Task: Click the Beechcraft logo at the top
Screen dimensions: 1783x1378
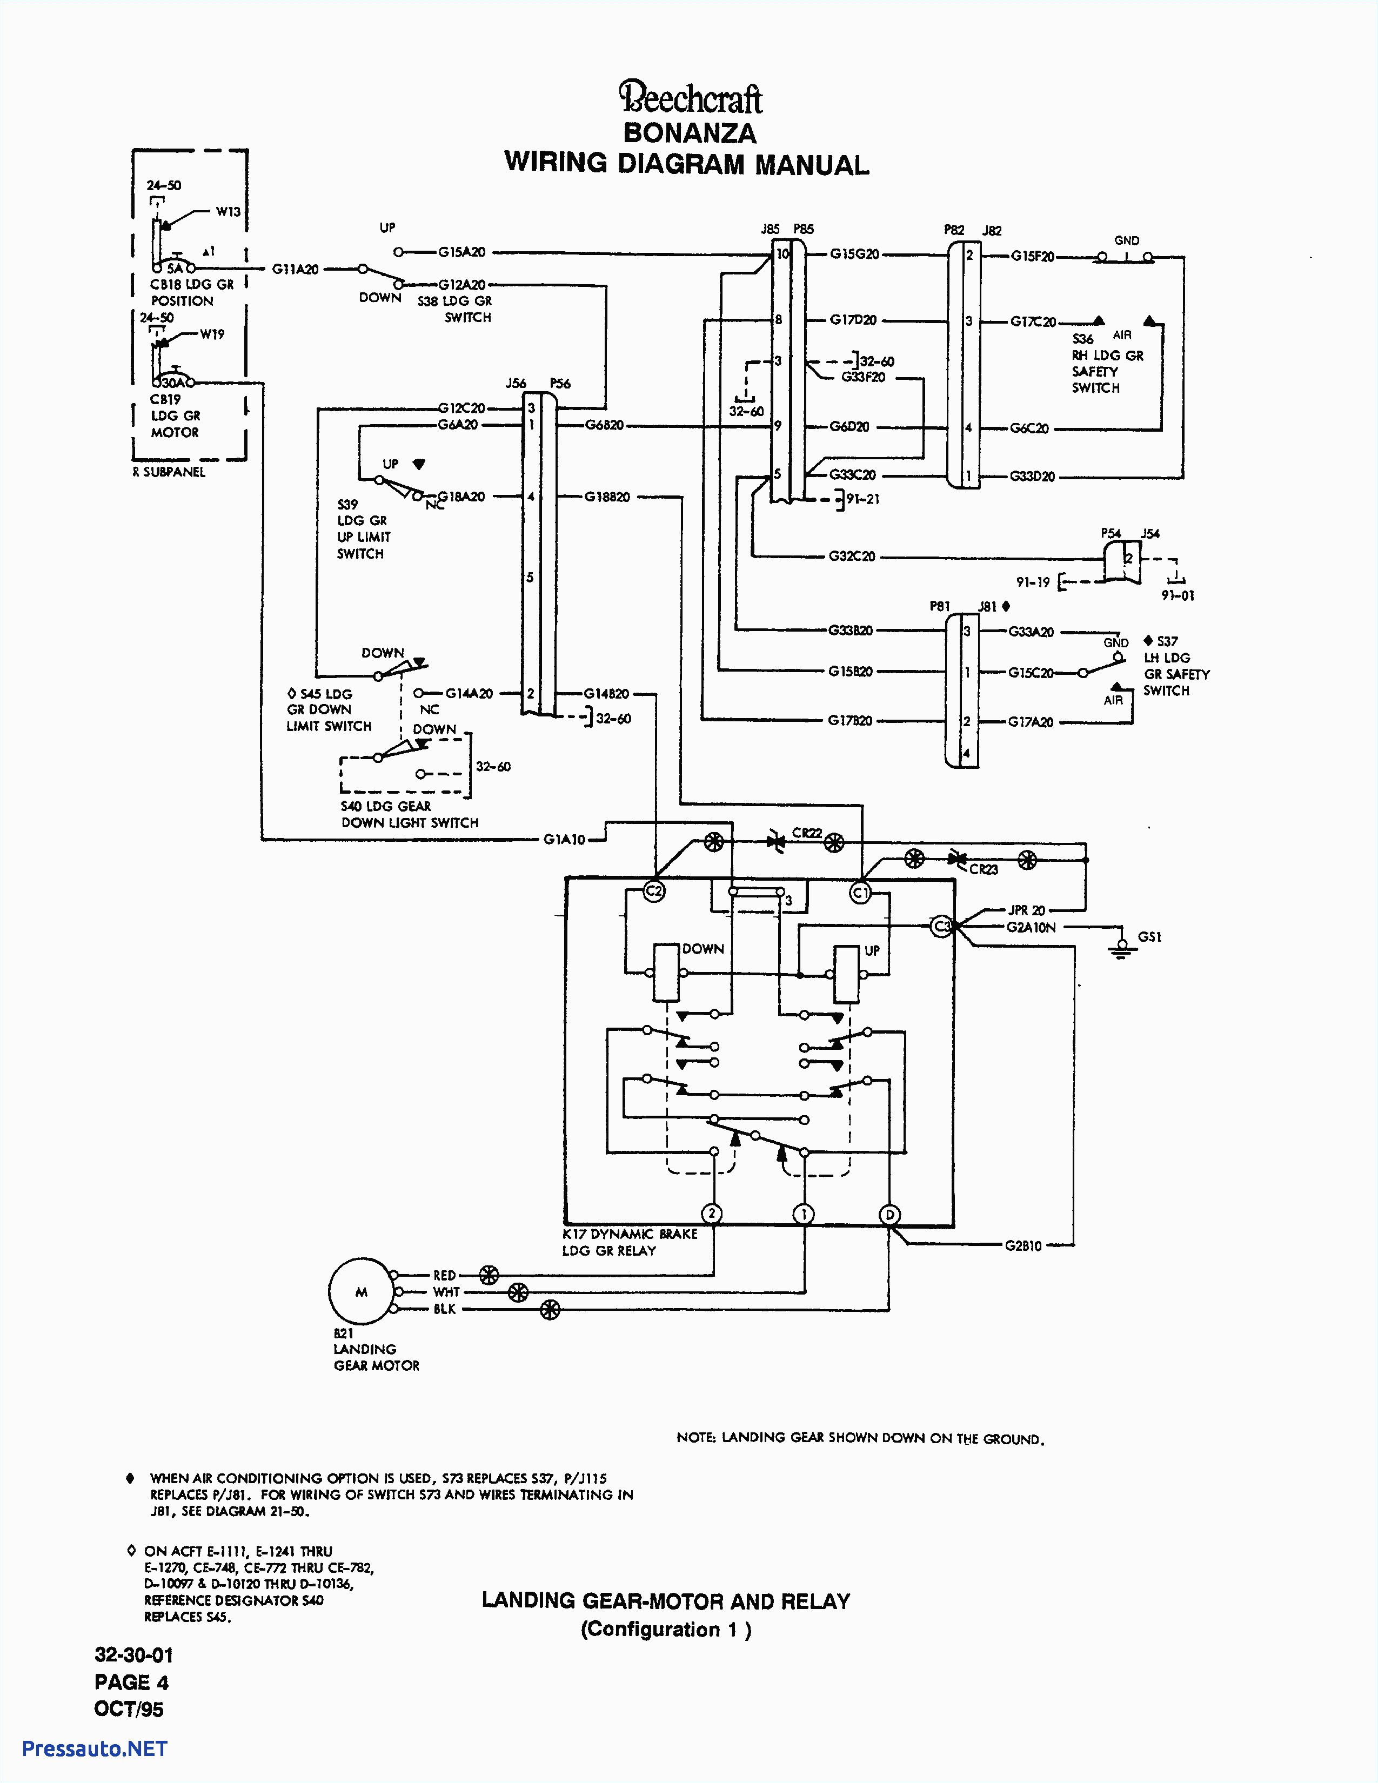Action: (690, 98)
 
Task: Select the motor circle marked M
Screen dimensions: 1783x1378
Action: (361, 1291)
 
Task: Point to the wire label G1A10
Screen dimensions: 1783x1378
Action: (564, 839)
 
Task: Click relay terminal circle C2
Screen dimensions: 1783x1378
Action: (654, 891)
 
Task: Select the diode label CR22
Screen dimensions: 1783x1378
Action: (807, 833)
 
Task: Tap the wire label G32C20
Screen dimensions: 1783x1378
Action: (852, 556)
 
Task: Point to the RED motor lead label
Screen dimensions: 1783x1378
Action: (444, 1275)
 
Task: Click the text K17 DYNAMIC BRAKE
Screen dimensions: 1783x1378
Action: (630, 1234)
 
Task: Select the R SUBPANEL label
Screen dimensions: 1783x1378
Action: (169, 472)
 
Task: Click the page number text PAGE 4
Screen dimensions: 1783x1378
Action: (131, 1682)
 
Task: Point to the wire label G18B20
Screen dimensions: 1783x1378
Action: (606, 497)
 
